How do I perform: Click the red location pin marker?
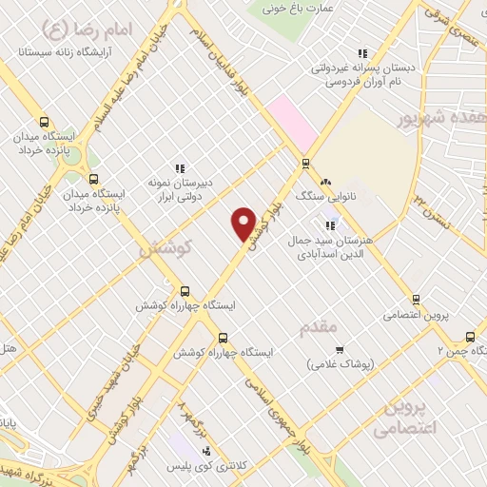(243, 224)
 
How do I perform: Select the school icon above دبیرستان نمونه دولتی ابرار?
(177, 167)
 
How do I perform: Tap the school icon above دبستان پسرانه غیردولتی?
(361, 54)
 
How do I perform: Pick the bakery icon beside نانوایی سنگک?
(325, 181)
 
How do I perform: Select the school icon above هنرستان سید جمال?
(330, 225)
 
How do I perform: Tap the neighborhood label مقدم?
(318, 328)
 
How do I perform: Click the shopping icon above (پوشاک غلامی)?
(340, 349)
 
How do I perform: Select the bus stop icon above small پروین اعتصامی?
(416, 299)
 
